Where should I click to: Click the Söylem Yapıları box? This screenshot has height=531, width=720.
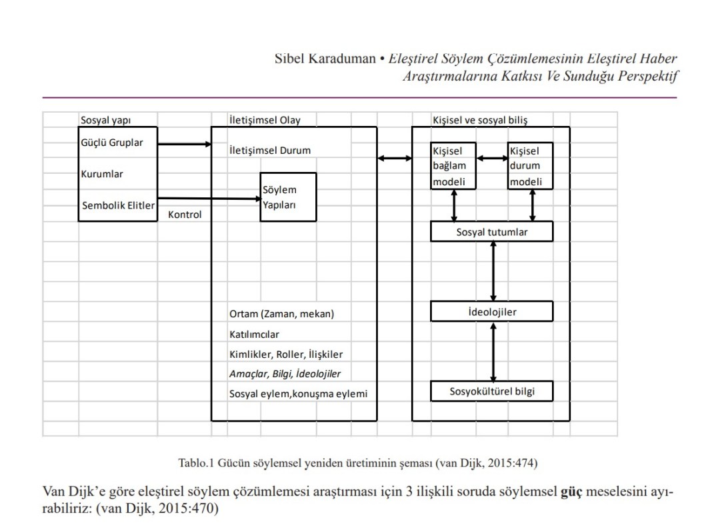(288, 197)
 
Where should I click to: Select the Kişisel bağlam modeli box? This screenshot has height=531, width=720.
(454, 166)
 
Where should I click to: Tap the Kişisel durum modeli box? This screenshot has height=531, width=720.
(531, 166)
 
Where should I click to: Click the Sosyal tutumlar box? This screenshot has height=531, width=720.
(492, 232)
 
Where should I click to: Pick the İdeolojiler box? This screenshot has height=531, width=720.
(492, 311)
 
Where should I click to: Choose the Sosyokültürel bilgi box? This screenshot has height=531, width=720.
(492, 391)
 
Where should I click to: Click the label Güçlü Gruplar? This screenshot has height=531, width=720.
(112, 143)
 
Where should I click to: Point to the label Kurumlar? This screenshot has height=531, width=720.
(102, 174)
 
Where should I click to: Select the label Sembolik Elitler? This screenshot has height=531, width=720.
(118, 205)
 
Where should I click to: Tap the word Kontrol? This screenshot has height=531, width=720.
(185, 215)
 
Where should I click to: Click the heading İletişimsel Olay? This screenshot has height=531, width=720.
(265, 121)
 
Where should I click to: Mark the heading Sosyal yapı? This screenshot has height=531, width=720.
(105, 121)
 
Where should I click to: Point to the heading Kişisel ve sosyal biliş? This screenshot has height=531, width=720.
(480, 121)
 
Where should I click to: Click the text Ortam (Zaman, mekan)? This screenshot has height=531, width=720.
(281, 314)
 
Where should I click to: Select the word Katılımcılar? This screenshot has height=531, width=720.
(254, 334)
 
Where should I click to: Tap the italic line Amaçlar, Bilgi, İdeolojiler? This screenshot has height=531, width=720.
(285, 374)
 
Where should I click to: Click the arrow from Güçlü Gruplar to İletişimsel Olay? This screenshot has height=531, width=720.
(184, 143)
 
